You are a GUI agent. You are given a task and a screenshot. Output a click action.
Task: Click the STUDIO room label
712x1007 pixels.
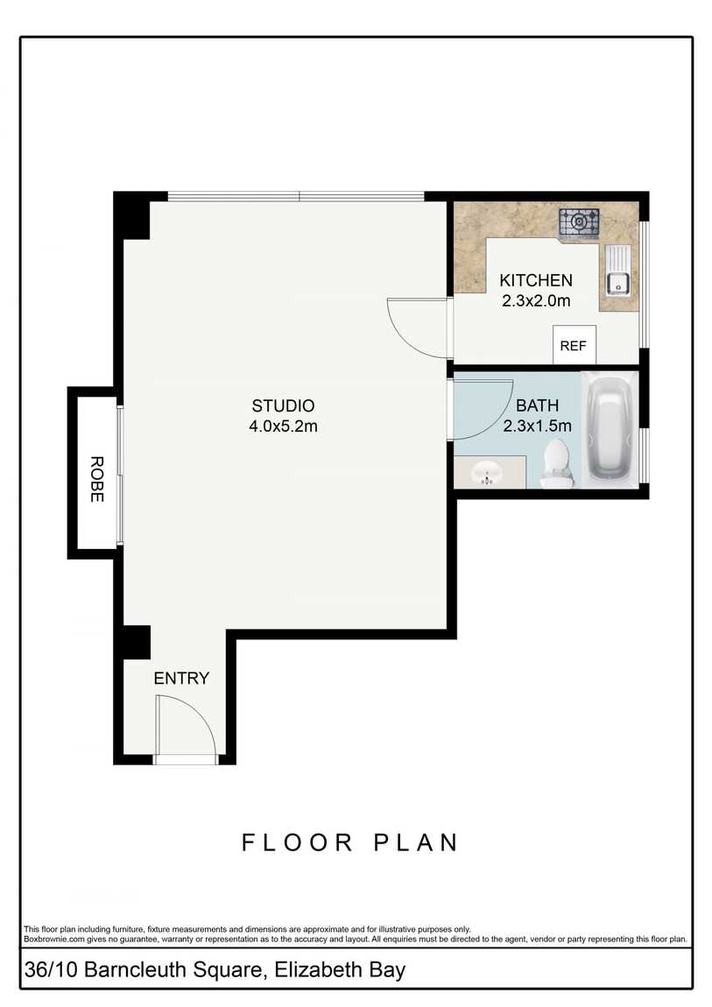283,406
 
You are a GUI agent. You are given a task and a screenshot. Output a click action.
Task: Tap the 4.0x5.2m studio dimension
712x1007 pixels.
283,426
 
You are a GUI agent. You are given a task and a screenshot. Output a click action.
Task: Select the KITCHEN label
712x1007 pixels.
536,281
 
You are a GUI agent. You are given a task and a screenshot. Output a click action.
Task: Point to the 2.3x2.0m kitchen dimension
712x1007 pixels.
536,300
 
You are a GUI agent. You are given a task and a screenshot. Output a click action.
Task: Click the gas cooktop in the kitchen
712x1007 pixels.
579,222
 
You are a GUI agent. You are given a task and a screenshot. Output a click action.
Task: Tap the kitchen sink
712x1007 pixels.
617,283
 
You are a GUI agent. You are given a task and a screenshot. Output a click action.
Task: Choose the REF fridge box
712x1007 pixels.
574,346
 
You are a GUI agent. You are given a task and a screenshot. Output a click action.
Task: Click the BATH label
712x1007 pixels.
538,406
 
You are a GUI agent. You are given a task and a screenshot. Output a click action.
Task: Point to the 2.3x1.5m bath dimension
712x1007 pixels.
538,426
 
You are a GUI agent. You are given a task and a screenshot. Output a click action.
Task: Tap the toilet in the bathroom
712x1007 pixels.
556,463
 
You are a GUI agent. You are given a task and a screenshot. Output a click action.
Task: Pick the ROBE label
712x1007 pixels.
97,479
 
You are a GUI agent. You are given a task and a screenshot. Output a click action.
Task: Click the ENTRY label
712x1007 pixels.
181,678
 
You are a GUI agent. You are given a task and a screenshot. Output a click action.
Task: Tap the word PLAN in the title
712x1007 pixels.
417,842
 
